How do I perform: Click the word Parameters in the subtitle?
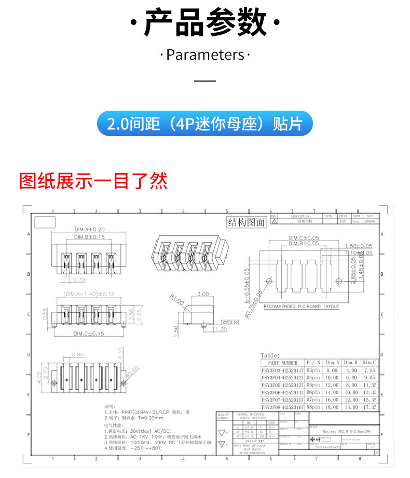[205, 55]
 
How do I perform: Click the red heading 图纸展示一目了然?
[93, 181]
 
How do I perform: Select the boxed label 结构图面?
[247, 222]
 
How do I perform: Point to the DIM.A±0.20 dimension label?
[89, 229]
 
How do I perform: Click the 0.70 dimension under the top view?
[79, 280]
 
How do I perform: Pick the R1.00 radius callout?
[176, 300]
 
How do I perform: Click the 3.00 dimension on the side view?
[203, 294]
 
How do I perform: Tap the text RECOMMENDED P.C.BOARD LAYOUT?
[302, 307]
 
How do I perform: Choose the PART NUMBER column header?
[283, 363]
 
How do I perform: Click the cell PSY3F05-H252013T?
[283, 385]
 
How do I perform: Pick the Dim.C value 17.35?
[369, 407]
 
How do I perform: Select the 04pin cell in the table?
[313, 378]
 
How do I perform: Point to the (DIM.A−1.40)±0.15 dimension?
[88, 294]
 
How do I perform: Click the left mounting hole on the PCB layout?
[269, 281]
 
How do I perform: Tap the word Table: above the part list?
[270, 355]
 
